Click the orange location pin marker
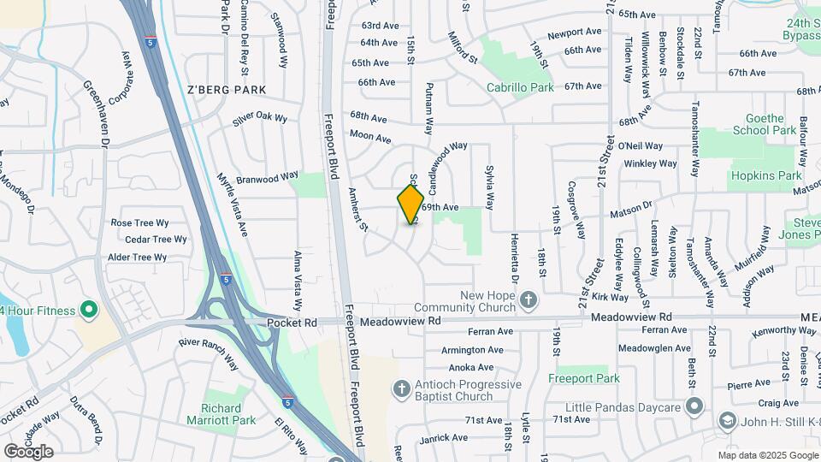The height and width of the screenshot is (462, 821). [410, 204]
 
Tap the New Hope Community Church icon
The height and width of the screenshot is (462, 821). [529, 299]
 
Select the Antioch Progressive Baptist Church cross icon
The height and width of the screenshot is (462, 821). [400, 389]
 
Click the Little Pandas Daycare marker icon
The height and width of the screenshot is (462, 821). [694, 405]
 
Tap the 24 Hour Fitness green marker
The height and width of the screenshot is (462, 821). [88, 309]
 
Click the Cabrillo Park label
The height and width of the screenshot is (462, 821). [520, 87]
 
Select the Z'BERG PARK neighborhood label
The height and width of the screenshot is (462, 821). [227, 89]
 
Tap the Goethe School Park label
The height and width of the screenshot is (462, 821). [765, 124]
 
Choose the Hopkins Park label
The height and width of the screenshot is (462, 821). [765, 175]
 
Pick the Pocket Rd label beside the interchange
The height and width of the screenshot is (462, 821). [292, 323]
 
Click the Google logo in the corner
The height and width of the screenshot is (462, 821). [28, 451]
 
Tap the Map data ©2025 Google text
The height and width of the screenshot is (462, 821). [767, 455]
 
